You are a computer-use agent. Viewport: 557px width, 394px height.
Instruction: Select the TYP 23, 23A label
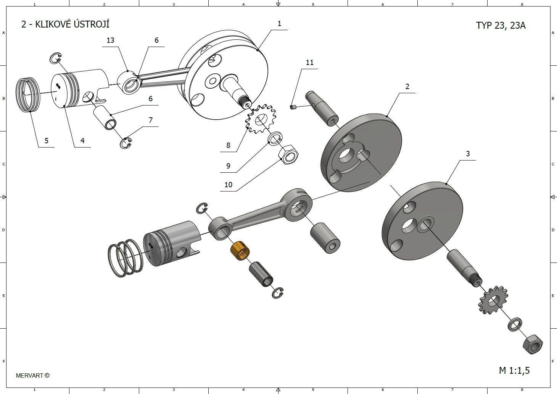[x=501, y=25]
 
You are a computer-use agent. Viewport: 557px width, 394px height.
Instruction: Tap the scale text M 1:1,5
[x=514, y=370]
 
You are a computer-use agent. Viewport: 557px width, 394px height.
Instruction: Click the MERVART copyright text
[x=33, y=375]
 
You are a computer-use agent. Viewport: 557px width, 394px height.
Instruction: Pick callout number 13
[x=110, y=40]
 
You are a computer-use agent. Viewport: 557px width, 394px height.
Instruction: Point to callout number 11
[x=309, y=62]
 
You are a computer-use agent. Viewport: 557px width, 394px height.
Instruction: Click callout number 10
[x=228, y=185]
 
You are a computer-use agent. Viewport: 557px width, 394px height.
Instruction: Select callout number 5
[x=46, y=141]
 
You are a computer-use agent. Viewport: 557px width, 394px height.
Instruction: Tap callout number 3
[x=468, y=154]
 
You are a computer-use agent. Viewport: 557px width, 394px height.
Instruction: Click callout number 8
[x=228, y=145]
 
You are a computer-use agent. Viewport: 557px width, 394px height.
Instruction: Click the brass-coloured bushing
[x=240, y=251]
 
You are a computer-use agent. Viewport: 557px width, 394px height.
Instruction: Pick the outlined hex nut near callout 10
[x=289, y=154]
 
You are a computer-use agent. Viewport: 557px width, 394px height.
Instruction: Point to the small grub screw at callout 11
[x=293, y=107]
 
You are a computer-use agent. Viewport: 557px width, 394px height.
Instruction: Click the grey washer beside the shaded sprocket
[x=515, y=324]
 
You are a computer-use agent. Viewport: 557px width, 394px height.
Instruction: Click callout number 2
[x=407, y=86]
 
